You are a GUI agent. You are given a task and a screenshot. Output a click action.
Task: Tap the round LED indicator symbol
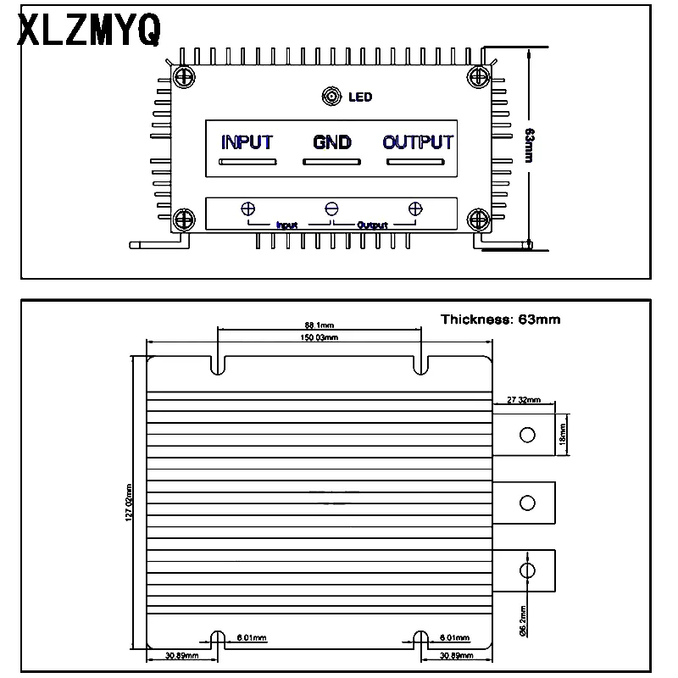331,97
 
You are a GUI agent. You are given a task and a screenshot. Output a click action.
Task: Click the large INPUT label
247,142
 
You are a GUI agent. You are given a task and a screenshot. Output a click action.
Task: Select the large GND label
332,142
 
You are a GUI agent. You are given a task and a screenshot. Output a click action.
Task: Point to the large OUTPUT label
418,142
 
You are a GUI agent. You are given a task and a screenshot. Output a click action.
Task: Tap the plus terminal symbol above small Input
249,209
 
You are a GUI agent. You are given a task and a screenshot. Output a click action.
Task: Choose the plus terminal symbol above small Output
415,209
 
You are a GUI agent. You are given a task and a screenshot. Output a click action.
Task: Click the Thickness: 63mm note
500,320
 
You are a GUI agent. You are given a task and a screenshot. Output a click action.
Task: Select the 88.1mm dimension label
320,324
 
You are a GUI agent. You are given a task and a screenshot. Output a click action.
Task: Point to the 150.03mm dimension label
320,337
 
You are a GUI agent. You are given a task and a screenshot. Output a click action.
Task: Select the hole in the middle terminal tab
527,503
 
